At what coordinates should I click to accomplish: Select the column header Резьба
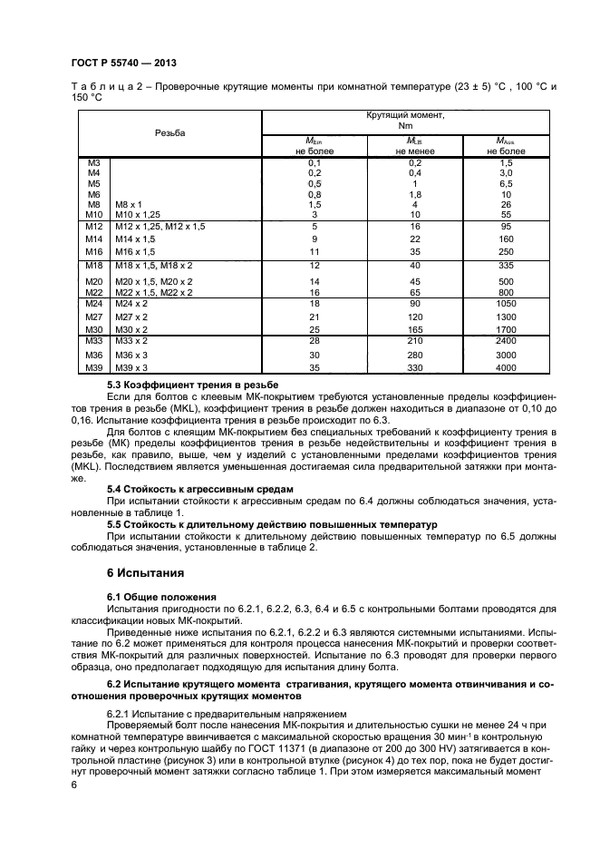point(169,132)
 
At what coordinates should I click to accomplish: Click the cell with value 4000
point(507,368)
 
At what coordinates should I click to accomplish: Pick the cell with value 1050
point(507,303)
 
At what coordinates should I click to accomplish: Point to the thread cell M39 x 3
point(132,368)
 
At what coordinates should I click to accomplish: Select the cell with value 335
point(507,265)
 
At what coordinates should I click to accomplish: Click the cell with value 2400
point(507,340)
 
